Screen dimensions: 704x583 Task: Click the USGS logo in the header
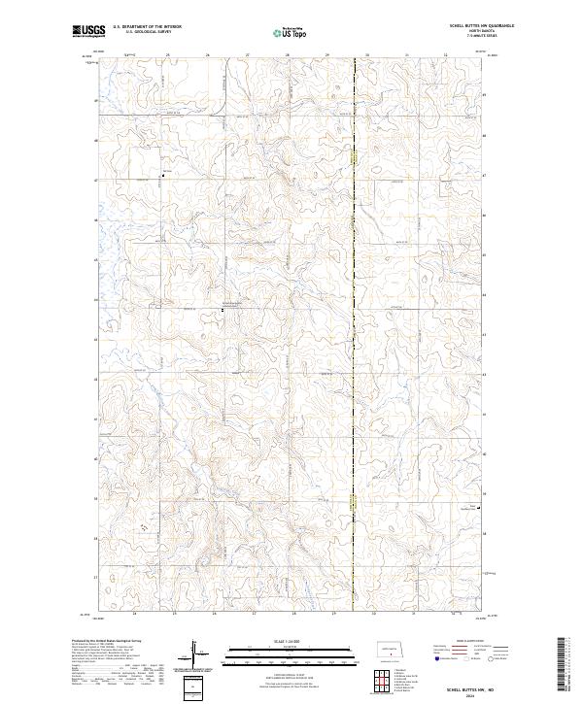point(88,31)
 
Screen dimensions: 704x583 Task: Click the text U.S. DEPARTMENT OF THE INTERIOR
point(147,27)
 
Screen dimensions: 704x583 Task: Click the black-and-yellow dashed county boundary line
point(355,291)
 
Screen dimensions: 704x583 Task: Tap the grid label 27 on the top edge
point(248,54)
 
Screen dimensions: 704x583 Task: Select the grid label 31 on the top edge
point(407,54)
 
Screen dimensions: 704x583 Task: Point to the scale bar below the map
point(291,654)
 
